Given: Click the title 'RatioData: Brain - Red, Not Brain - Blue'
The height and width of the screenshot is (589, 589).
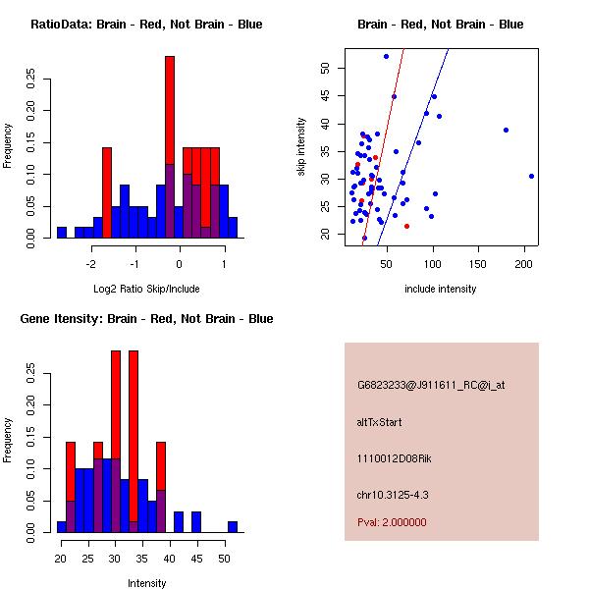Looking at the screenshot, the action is pyautogui.click(x=146, y=25).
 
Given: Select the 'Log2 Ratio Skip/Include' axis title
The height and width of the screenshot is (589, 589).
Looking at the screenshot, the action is pyautogui.click(x=146, y=289).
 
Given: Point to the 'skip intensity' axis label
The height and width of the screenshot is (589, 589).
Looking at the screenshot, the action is pyautogui.click(x=301, y=146).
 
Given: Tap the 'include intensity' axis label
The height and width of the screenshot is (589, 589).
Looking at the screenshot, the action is pyautogui.click(x=440, y=289).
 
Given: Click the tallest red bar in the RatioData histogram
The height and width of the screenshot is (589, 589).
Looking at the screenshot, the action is pyautogui.click(x=170, y=110).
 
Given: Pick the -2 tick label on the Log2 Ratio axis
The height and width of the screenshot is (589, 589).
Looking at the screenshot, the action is pyautogui.click(x=90, y=264).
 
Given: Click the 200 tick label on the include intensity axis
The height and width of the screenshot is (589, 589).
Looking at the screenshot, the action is pyautogui.click(x=523, y=264).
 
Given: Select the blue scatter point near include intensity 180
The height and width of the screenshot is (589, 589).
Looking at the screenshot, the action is pyautogui.click(x=506, y=130).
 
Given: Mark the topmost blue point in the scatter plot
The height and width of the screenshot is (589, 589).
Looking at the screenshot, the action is pyautogui.click(x=386, y=56).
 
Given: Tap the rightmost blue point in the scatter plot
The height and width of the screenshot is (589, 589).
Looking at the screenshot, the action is pyautogui.click(x=531, y=176).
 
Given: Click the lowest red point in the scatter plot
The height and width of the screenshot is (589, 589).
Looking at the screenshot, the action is pyautogui.click(x=406, y=226).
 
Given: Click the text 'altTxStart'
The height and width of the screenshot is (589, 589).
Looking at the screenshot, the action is pyautogui.click(x=379, y=422).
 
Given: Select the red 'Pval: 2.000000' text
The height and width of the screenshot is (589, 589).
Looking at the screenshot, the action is pyautogui.click(x=392, y=522).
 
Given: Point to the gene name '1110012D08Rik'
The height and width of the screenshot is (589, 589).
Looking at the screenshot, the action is pyautogui.click(x=394, y=458).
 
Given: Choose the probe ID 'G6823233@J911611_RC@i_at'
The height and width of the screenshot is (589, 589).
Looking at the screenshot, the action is pyautogui.click(x=431, y=386).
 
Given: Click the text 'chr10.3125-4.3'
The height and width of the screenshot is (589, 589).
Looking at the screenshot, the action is pyautogui.click(x=393, y=495).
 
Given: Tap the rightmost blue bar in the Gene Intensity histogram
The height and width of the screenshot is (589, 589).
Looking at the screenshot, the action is pyautogui.click(x=233, y=527).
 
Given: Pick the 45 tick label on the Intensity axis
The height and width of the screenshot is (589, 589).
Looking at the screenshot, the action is pyautogui.click(x=197, y=559).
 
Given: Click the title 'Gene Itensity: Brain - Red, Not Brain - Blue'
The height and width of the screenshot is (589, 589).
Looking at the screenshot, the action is pyautogui.click(x=146, y=319).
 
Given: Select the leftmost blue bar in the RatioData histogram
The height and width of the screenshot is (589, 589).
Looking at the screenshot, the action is pyautogui.click(x=62, y=233).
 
